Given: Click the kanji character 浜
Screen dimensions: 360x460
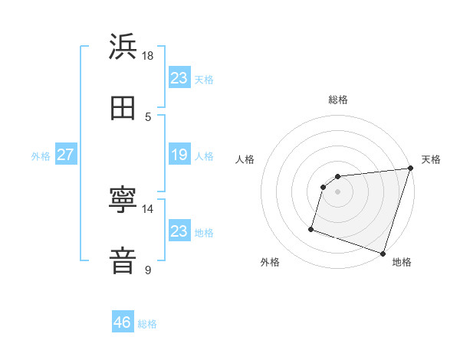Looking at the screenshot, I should point(123,47).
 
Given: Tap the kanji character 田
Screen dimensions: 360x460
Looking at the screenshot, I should point(123,108).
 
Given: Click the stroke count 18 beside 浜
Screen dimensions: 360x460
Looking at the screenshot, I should point(148,55).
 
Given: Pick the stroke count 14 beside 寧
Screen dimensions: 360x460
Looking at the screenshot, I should point(148,208).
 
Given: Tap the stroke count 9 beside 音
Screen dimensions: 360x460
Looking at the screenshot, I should point(148,270).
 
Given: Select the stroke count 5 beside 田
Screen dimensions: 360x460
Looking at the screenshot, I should point(149,116).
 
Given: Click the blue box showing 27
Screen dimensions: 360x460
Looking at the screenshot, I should point(65,155).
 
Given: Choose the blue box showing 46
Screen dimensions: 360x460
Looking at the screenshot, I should point(123,322).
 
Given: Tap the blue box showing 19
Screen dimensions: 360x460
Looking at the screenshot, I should point(179,155).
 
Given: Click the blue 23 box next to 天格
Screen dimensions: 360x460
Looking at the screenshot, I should point(179,77).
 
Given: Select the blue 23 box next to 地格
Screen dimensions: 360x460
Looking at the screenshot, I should point(179,231).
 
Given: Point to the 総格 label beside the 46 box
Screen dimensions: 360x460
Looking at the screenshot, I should point(147,324).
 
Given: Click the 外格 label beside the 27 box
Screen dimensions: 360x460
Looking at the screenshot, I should point(41,156).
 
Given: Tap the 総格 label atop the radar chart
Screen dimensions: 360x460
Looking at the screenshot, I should point(338,100).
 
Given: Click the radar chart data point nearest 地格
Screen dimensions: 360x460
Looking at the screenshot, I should point(383,253).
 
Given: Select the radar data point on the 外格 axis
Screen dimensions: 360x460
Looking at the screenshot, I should point(311,228).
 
